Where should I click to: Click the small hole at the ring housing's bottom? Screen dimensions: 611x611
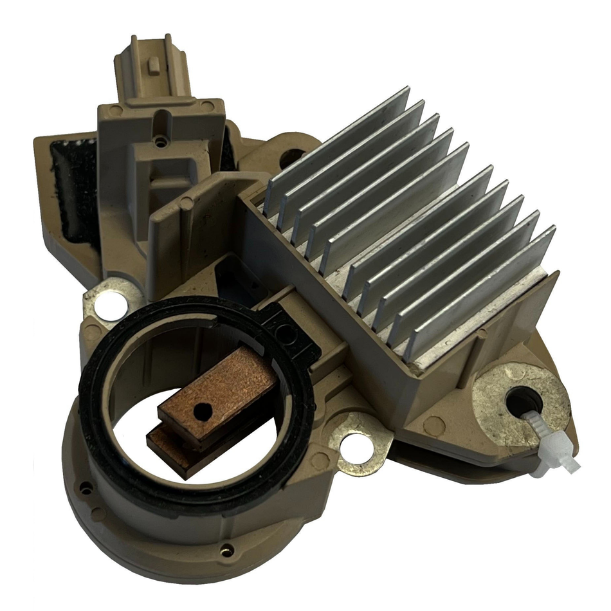pos(226,549)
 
